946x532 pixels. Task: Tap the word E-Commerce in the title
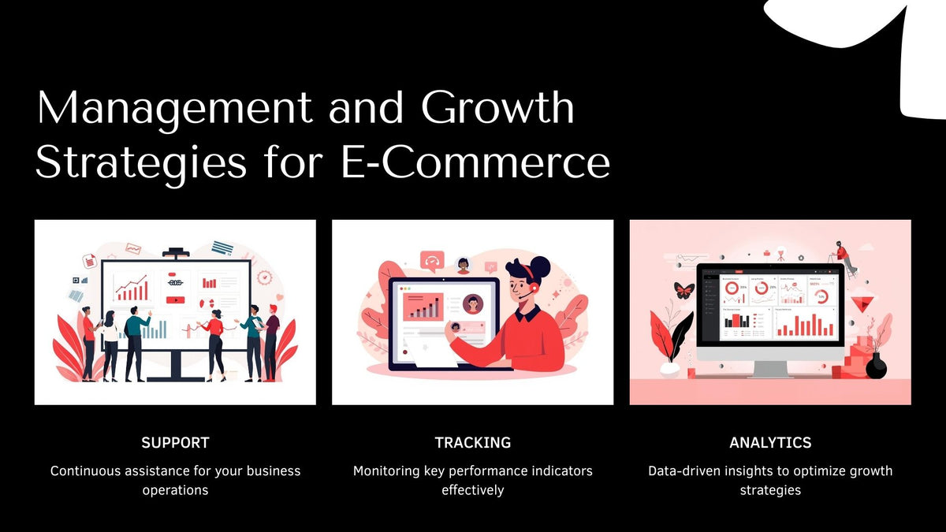coord(475,163)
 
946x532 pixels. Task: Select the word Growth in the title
coord(497,108)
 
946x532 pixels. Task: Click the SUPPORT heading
coord(175,443)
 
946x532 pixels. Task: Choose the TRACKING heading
coord(472,443)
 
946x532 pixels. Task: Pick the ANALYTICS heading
coord(770,443)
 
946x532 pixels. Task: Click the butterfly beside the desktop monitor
coord(684,290)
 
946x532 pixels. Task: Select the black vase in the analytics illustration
coord(876,367)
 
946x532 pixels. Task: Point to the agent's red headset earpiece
coord(533,288)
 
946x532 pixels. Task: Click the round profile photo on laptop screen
coord(473,303)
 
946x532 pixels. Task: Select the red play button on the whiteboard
coord(175,299)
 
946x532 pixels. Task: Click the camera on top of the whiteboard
coord(175,253)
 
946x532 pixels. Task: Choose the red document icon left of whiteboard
coord(90,261)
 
